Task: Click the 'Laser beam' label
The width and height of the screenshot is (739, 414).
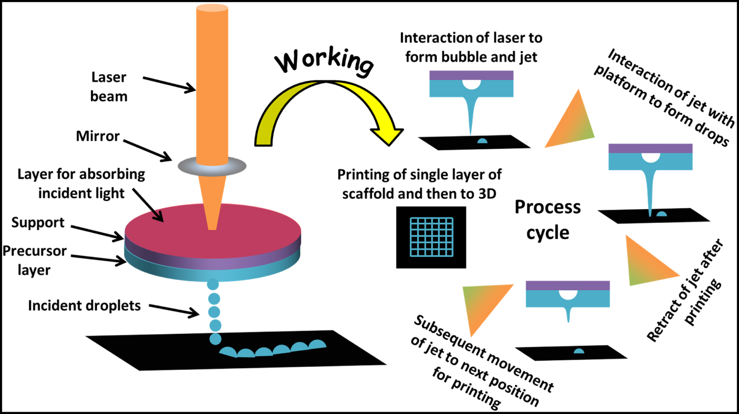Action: coord(109,87)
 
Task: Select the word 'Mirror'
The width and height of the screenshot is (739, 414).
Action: coord(98,136)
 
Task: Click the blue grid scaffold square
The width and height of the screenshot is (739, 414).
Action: coord(431,237)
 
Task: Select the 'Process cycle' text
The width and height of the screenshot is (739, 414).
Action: coord(547,220)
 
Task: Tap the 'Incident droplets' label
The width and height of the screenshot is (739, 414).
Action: coord(84,305)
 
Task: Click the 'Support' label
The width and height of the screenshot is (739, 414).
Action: coord(38,222)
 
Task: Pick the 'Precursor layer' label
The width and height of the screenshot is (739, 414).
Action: coord(34,260)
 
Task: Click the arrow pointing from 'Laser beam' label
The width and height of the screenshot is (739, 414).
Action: coord(170,84)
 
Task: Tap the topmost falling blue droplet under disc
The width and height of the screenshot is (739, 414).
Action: coord(213,284)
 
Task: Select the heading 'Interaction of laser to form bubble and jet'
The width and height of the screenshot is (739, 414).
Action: coord(471,47)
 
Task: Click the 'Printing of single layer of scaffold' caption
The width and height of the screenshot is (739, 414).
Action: coord(419,184)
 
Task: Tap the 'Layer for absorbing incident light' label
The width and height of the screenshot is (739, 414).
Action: coord(81,183)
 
